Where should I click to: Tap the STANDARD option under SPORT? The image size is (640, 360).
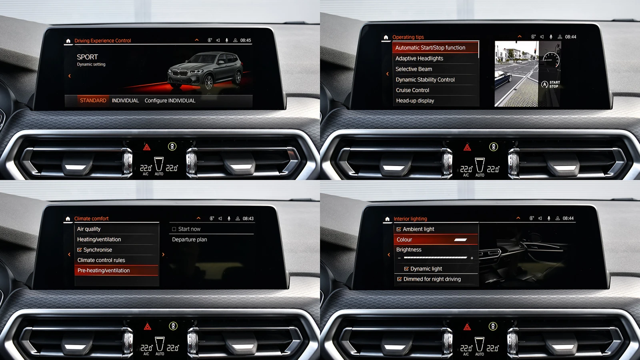(93, 100)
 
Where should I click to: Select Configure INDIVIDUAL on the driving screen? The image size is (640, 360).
(170, 100)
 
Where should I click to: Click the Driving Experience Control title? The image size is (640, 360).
(102, 40)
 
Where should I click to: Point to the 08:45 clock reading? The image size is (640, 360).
(246, 40)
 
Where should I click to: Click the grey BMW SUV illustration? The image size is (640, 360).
(205, 71)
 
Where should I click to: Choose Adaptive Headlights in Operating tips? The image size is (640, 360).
(419, 58)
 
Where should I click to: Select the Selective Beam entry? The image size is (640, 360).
(414, 69)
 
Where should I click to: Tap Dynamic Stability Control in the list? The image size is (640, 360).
(425, 80)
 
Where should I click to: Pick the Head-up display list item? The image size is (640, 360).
(415, 101)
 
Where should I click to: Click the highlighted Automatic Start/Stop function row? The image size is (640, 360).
(430, 48)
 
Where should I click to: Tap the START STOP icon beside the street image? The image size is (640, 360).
(550, 84)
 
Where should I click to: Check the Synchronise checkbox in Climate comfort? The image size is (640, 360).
(80, 250)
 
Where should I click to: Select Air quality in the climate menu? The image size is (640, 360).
(89, 229)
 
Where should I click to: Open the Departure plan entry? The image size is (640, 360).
(189, 240)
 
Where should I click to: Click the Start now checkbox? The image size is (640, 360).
(174, 229)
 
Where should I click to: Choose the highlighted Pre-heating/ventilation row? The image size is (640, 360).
(104, 270)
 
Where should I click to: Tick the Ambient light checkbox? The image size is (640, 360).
(399, 229)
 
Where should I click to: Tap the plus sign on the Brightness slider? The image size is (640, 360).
(472, 258)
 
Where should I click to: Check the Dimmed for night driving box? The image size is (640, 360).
(399, 279)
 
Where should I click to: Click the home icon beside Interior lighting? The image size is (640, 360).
(387, 219)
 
